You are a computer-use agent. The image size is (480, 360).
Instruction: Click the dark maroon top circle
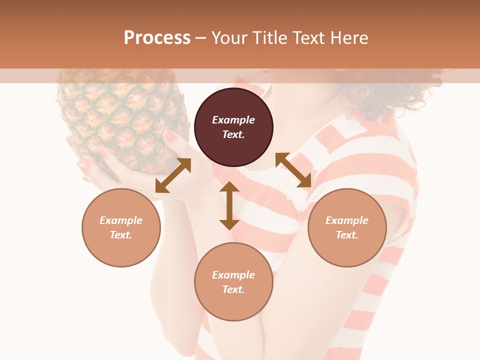(x=233, y=127)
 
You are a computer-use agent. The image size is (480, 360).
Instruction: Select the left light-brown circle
(x=121, y=227)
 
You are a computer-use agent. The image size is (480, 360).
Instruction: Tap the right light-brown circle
(x=346, y=227)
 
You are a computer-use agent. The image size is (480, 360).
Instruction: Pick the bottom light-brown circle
(x=233, y=282)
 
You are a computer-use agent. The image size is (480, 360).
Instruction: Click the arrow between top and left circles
(x=173, y=175)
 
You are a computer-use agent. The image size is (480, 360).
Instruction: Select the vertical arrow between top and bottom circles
(x=229, y=205)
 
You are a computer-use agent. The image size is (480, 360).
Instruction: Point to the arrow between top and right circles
(x=293, y=170)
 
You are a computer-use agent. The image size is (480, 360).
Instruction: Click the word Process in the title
(x=157, y=37)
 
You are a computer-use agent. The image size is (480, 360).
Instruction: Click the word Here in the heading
(x=350, y=37)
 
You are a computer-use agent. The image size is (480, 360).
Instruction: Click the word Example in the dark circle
(x=233, y=120)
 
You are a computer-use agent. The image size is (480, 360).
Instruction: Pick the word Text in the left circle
(x=121, y=235)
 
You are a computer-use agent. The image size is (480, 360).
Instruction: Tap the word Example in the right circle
(x=346, y=220)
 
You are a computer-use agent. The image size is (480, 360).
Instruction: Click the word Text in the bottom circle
(x=233, y=289)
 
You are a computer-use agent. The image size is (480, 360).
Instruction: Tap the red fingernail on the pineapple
(x=170, y=136)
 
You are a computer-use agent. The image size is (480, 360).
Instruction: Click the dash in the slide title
(x=201, y=38)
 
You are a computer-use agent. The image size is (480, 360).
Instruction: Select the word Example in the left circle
(x=121, y=220)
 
